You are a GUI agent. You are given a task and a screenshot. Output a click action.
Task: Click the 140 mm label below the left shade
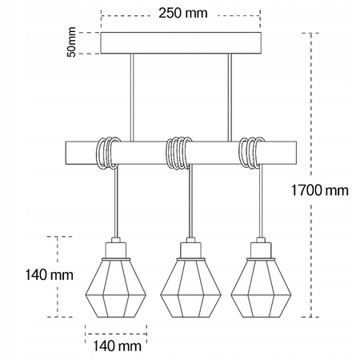tap(113, 346)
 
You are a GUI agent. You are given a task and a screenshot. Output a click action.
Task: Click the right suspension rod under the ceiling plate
tap(230, 95)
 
